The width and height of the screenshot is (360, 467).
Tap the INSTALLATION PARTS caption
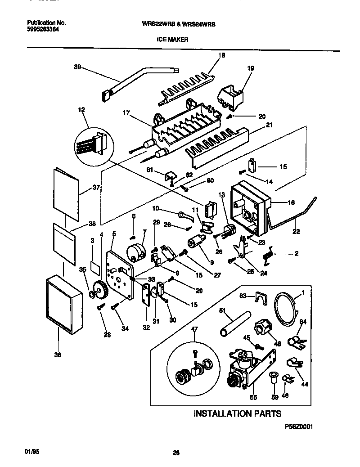[237, 413]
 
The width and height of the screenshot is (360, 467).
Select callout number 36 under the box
[58, 355]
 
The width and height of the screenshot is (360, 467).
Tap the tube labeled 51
[228, 324]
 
